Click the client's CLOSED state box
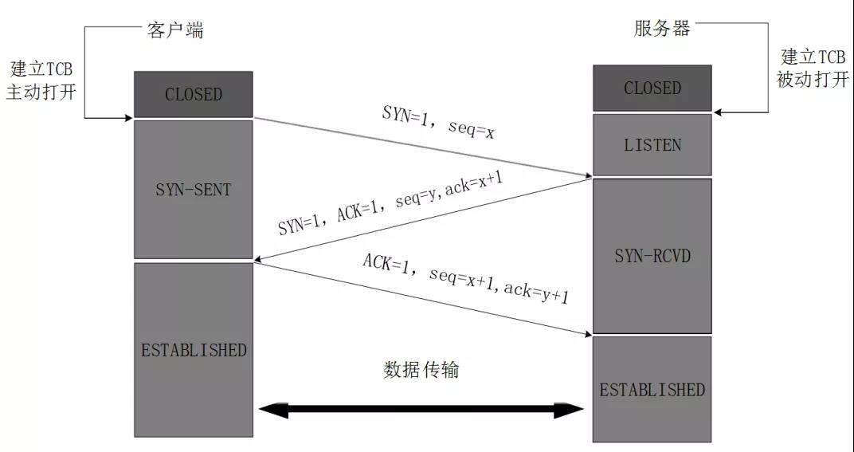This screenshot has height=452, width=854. coord(194,94)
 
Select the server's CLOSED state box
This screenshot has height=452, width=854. coord(652,88)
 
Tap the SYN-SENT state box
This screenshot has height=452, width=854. coord(194,189)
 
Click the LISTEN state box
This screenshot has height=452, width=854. coord(652,144)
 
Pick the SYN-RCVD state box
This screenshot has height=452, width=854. coord(652,255)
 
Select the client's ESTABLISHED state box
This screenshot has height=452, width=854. coord(194,350)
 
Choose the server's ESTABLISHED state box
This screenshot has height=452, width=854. coord(652,389)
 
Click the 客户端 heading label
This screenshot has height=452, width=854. coord(174,30)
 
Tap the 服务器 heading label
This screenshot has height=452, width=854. coord(662,29)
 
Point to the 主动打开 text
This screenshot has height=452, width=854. coord(41,91)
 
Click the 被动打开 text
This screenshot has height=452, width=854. coord(813,80)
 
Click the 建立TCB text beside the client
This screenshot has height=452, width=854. coord(41,69)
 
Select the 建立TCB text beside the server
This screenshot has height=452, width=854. coord(813,57)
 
